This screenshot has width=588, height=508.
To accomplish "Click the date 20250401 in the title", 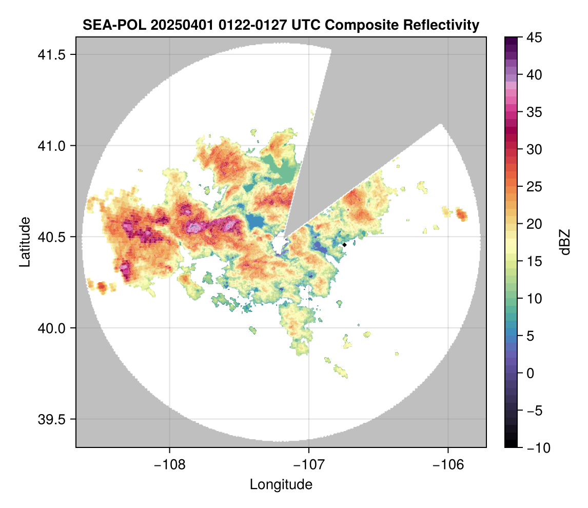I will point(172,25).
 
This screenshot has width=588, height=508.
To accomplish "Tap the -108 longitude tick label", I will point(169,464).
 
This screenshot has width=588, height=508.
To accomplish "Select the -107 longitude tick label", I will point(309,464).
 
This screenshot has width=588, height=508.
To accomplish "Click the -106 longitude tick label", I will point(448,464).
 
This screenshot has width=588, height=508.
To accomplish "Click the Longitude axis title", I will point(281,484).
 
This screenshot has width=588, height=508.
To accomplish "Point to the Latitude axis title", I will point(25,242).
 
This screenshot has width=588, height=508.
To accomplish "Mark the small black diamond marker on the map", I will point(345,245).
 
